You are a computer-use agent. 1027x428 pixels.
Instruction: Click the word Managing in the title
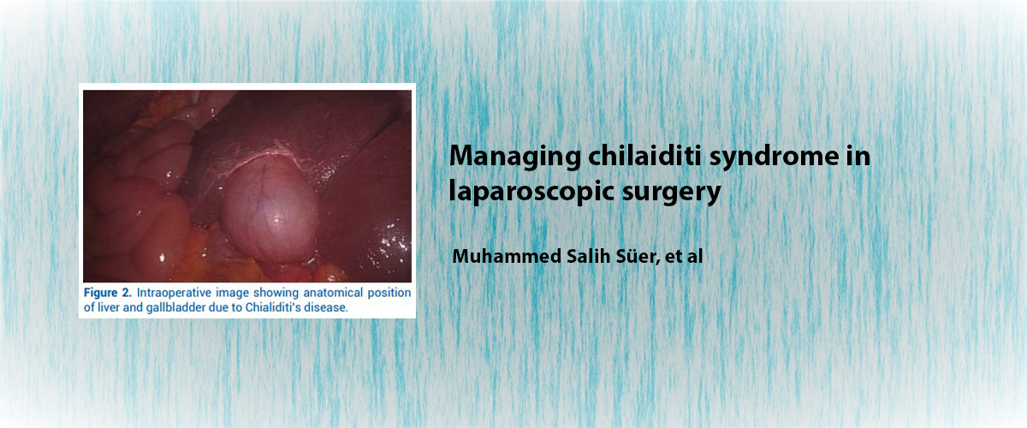pyautogui.click(x=514, y=157)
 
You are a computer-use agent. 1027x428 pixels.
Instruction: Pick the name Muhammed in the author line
pyautogui.click(x=507, y=256)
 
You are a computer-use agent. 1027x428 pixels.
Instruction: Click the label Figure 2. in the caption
pyautogui.click(x=107, y=293)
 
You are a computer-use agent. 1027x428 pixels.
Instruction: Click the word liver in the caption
pyautogui.click(x=108, y=307)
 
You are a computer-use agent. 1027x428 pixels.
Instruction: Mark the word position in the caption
pyautogui.click(x=389, y=293)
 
